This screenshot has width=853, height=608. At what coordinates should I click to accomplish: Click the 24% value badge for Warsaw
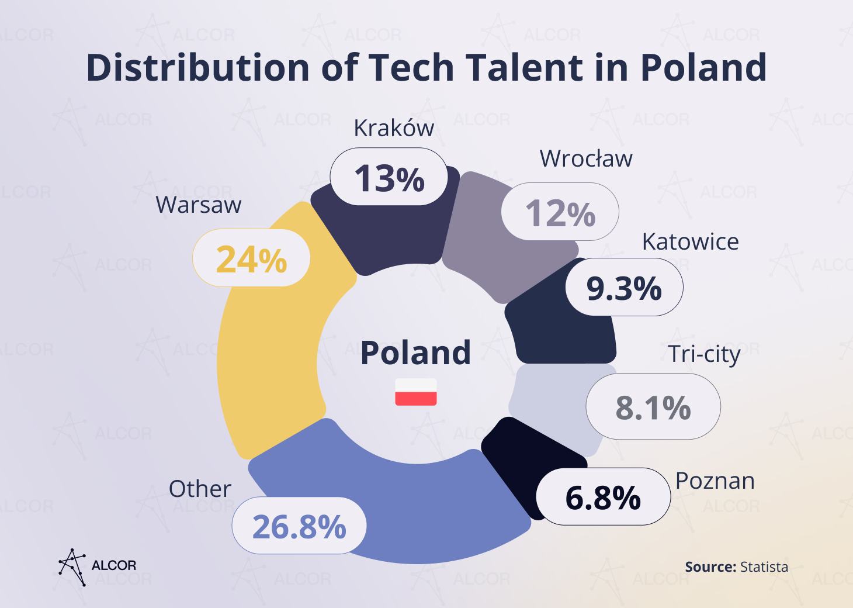point(251,258)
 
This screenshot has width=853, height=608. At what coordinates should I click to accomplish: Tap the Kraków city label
point(394,128)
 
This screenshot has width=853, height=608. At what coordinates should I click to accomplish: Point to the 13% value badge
point(389,177)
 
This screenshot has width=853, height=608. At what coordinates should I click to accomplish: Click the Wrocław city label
point(585,158)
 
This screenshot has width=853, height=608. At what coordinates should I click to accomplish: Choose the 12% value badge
point(560,212)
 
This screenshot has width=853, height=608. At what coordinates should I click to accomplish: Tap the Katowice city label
point(690,241)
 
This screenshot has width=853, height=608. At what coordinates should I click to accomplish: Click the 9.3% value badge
point(623,287)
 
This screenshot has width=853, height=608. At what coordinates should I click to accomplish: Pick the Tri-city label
point(704,354)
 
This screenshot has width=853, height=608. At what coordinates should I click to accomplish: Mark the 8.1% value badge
point(653,407)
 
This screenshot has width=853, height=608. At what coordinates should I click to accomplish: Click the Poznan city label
point(715,481)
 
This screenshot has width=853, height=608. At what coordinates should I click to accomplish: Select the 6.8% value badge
point(602,497)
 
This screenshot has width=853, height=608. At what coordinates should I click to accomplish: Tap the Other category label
point(200,489)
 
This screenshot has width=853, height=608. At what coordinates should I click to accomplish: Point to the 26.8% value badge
point(299,526)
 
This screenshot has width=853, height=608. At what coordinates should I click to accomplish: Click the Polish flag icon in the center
point(415,392)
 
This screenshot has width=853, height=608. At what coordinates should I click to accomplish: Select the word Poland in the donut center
point(415,353)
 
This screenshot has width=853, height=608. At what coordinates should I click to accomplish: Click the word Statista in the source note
point(764,566)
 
